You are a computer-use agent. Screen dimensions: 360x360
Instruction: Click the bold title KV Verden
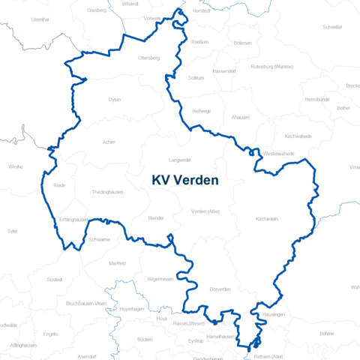184,180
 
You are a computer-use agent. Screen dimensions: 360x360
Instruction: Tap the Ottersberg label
149,58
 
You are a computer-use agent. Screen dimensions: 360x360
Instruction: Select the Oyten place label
115,99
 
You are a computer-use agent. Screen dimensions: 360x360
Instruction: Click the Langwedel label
180,159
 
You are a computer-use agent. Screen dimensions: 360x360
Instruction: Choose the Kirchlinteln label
268,218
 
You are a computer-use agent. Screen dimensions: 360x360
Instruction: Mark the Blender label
156,217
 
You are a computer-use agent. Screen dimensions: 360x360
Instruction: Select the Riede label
60,184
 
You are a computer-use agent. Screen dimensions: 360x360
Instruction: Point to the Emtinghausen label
73,219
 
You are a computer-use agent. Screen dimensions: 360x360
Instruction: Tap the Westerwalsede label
279,153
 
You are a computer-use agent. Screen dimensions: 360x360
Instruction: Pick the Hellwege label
202,110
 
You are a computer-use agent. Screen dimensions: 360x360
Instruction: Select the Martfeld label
117,263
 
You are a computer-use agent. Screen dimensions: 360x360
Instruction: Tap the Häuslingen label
274,314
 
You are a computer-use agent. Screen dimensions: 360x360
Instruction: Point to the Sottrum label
196,77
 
